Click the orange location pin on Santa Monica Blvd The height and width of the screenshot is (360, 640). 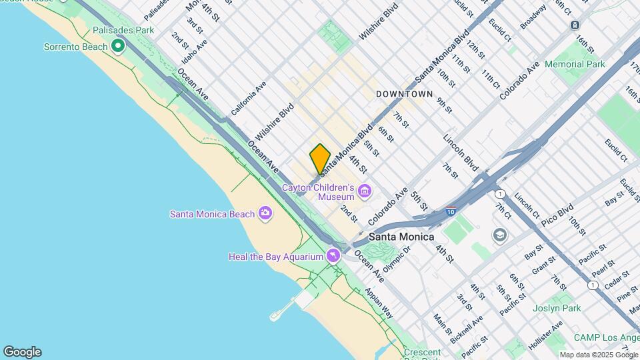[x=320, y=159]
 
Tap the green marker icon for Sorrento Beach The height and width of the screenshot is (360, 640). [x=118, y=46]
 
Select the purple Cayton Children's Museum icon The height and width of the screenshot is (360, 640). [x=364, y=192]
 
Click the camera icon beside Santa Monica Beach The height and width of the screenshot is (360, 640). [x=265, y=213]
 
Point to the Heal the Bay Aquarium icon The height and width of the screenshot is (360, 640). [x=333, y=256]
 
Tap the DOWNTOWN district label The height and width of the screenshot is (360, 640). [x=404, y=94]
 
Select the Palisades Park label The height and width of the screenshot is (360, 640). [x=123, y=30]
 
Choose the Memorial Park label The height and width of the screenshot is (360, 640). [x=575, y=64]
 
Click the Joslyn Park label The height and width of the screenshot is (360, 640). [x=555, y=308]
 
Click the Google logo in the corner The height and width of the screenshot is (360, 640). [x=22, y=351]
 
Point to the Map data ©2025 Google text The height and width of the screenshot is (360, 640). [x=599, y=355]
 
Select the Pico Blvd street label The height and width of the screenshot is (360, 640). [x=557, y=215]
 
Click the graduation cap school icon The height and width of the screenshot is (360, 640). [x=499, y=235]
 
